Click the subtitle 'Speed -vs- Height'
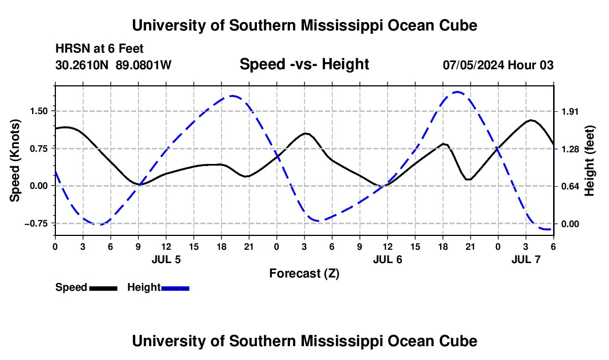pyautogui.click(x=304, y=64)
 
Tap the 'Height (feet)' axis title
pyautogui.click(x=590, y=161)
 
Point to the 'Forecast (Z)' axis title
pyautogui.click(x=304, y=273)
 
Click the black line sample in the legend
pyautogui.click(x=103, y=288)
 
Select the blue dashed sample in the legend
pyautogui.click(x=176, y=288)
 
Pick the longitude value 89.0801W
pyautogui.click(x=144, y=65)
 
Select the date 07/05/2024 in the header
pyautogui.click(x=473, y=65)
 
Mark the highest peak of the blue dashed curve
pyautogui.click(x=457, y=92)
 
